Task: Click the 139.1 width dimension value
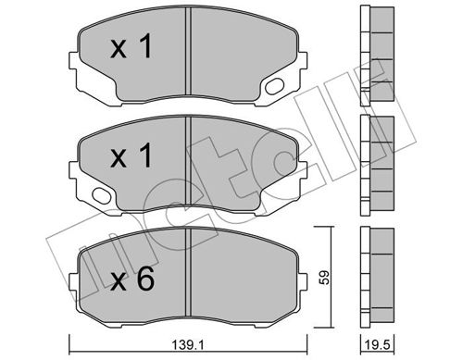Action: coord(188,345)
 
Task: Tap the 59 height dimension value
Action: coord(325,278)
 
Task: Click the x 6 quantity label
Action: coord(132,279)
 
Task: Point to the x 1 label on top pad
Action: coord(131,46)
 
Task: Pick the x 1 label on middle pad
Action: coord(131,155)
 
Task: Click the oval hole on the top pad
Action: coord(275,86)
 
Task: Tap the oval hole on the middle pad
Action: coord(102,195)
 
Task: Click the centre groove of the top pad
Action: coord(188,51)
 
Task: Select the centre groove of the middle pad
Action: coord(188,160)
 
